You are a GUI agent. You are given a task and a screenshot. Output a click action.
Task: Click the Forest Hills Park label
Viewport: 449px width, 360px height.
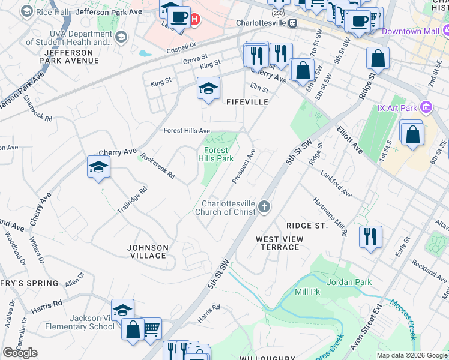point(215,154)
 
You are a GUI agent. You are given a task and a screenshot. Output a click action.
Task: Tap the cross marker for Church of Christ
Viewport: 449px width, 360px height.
point(264,208)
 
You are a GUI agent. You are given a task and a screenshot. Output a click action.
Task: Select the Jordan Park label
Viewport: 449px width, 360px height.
point(349,282)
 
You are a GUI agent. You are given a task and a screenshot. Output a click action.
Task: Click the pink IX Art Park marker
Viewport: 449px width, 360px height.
point(426,107)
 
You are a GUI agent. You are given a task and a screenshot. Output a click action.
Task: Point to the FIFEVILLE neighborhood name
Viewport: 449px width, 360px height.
point(247,103)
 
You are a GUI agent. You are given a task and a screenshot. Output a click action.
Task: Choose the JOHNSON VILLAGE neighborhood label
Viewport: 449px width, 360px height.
point(148,251)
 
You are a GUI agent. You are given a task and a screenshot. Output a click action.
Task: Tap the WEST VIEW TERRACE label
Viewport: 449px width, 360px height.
point(280,243)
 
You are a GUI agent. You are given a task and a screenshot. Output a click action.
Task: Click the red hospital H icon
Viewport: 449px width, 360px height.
point(194,20)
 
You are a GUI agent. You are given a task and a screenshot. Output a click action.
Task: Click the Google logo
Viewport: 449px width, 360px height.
point(20,353)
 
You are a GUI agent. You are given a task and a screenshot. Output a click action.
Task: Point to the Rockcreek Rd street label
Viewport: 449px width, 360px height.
point(157,166)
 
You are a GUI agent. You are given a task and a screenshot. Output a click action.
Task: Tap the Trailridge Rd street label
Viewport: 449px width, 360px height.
point(132,200)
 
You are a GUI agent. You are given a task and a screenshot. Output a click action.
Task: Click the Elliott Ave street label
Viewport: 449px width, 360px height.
point(349,139)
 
